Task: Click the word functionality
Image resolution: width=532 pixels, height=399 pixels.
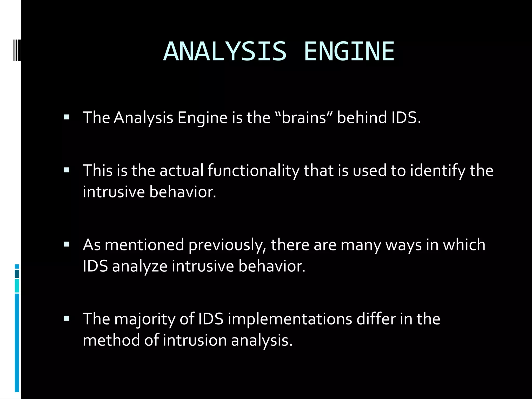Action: [x=253, y=171]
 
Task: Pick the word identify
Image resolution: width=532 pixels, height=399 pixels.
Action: [x=438, y=171]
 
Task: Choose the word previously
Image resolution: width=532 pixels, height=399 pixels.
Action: [x=227, y=245]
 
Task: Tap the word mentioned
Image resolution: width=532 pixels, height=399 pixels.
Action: [x=144, y=245]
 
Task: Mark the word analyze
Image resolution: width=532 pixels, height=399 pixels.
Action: [x=140, y=267]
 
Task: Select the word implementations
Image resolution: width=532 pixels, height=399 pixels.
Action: [x=290, y=319]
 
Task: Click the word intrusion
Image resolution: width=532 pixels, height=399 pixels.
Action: [x=195, y=340]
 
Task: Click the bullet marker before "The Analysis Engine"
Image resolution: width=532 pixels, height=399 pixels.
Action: [x=66, y=117]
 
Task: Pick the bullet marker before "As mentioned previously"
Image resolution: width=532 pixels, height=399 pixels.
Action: [x=66, y=244]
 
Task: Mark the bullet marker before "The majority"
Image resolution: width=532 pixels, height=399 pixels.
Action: [x=66, y=318]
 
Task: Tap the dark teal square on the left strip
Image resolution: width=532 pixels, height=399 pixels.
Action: [x=17, y=274]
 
